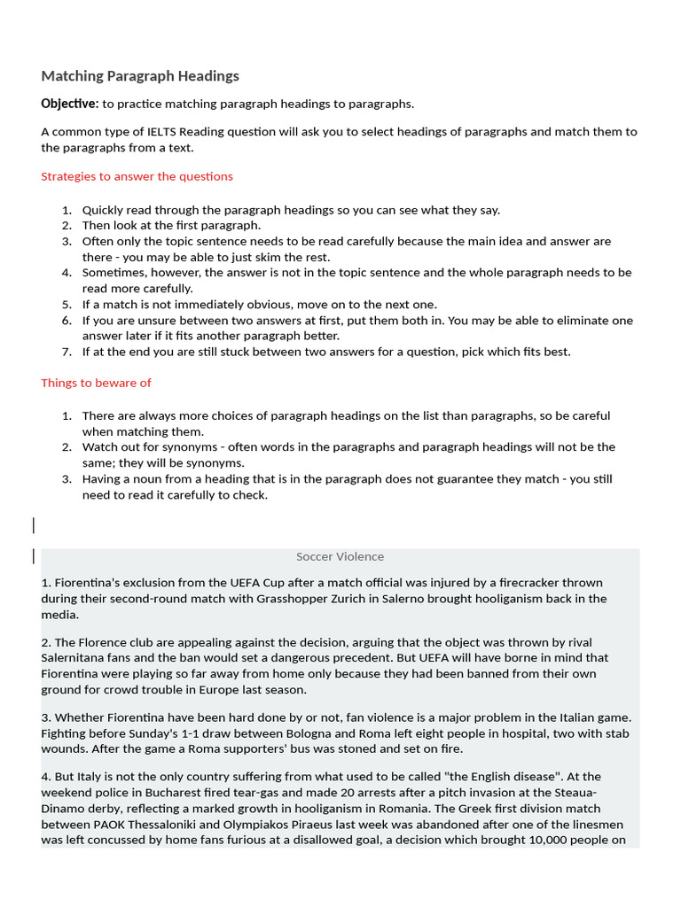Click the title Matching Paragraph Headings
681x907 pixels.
140,76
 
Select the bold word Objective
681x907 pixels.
69,104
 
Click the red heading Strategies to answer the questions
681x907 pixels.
137,176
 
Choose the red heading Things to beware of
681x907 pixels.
96,383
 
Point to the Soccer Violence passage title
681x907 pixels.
340,556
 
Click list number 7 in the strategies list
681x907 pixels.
67,352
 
